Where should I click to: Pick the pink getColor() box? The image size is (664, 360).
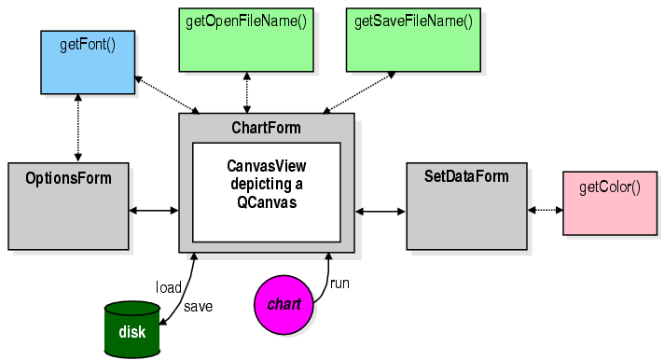[x=609, y=201]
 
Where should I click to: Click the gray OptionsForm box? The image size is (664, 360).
[x=68, y=205]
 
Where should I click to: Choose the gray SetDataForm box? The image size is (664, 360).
[x=465, y=205]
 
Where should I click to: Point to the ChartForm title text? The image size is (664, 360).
[x=267, y=128]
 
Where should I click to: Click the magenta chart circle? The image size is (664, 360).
[x=284, y=305]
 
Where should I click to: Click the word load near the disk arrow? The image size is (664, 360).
[x=168, y=286]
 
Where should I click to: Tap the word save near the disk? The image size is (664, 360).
[x=198, y=306]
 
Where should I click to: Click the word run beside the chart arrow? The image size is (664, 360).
[x=339, y=283]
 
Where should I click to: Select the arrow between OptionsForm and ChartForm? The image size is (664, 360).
[x=154, y=211]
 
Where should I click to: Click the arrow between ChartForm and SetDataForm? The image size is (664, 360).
[x=380, y=212]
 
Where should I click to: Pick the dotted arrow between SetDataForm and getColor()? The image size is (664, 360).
[x=545, y=210]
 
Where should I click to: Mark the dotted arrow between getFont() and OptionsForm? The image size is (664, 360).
[x=78, y=130]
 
